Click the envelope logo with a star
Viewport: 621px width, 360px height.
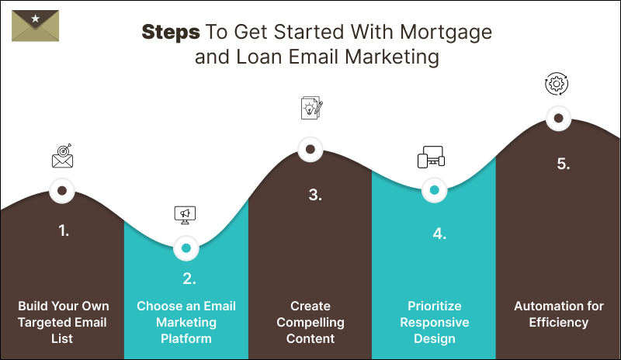(36, 25)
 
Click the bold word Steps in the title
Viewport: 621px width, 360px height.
(170, 33)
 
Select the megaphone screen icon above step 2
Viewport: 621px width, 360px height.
(186, 214)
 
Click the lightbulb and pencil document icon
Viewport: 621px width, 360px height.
(310, 108)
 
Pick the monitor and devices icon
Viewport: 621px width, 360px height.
(432, 157)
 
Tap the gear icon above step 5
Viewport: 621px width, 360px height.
(557, 84)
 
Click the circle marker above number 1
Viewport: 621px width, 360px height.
(62, 189)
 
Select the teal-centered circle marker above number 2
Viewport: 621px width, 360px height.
(186, 248)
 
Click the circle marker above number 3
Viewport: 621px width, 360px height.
(310, 149)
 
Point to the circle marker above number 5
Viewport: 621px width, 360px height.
(557, 119)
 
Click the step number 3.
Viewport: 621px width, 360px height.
(314, 195)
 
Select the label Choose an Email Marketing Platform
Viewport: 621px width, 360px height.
(186, 322)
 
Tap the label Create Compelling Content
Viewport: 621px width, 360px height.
(310, 322)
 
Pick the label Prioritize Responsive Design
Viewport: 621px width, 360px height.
(435, 322)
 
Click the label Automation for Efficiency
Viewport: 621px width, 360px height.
(559, 314)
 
